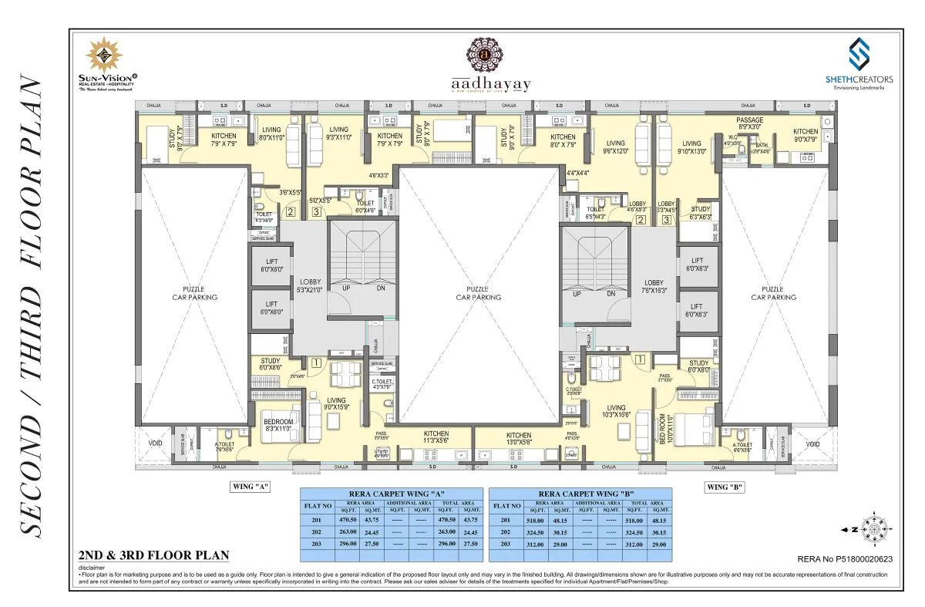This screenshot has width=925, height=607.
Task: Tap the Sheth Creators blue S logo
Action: tap(860, 54)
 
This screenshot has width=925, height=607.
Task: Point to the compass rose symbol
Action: tap(875, 529)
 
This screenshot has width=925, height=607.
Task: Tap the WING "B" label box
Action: tap(725, 487)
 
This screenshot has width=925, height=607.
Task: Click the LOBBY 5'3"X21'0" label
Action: tap(308, 286)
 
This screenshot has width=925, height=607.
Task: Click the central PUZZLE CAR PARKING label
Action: tap(478, 293)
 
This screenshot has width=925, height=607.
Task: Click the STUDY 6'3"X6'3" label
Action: tap(700, 213)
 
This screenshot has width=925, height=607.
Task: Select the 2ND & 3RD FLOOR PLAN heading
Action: tap(154, 555)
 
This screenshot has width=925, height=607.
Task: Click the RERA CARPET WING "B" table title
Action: tap(580, 494)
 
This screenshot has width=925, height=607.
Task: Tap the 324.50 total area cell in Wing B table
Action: tap(634, 532)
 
